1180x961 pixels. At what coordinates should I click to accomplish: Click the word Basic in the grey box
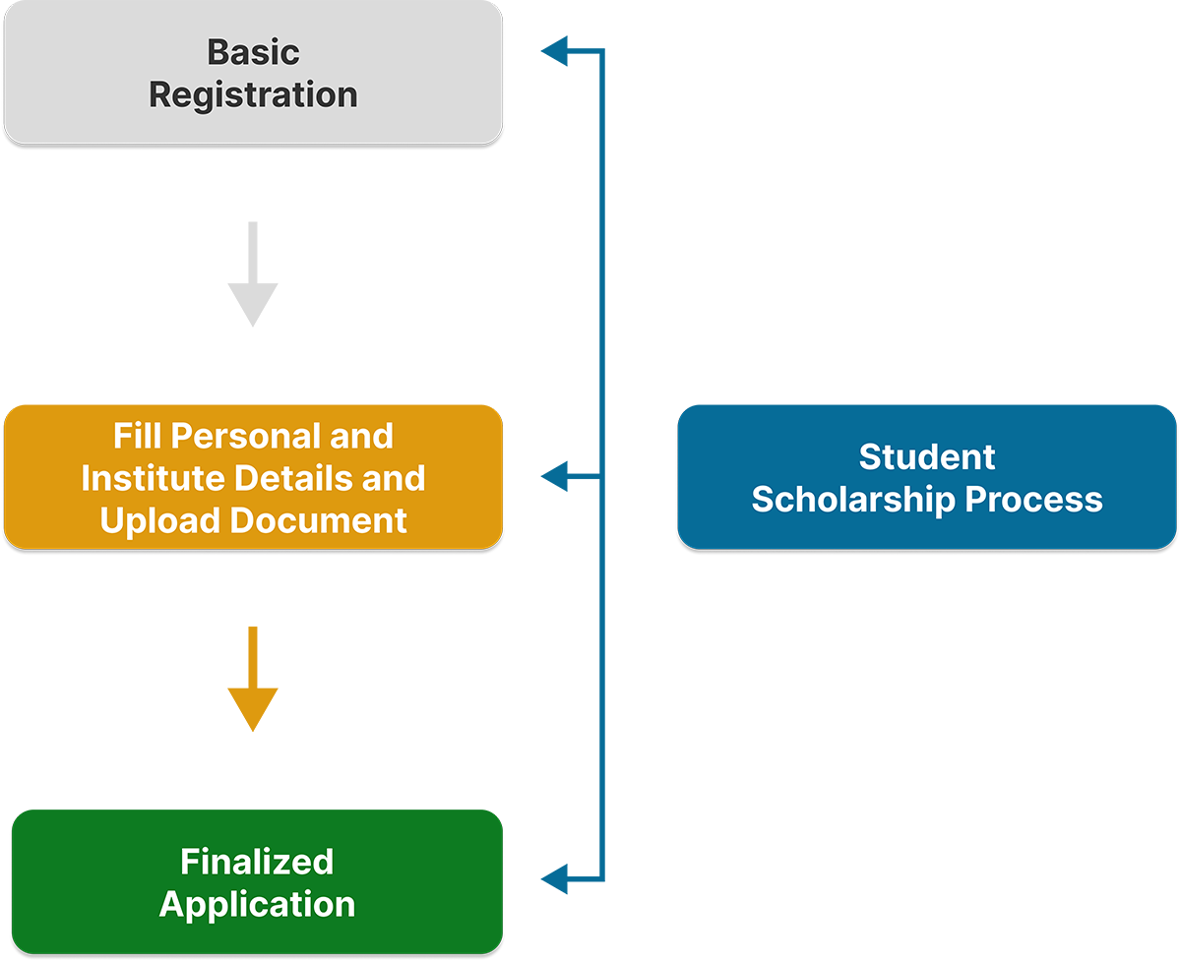pos(253,52)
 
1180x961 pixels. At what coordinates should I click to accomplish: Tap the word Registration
pos(253,95)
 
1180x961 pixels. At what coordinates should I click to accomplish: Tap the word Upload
pos(158,520)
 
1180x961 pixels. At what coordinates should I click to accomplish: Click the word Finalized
pos(257,862)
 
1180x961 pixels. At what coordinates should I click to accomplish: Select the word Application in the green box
pos(257,904)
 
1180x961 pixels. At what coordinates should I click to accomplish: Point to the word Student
pos(927,456)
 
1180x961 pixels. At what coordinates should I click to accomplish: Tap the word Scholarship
pos(853,500)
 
